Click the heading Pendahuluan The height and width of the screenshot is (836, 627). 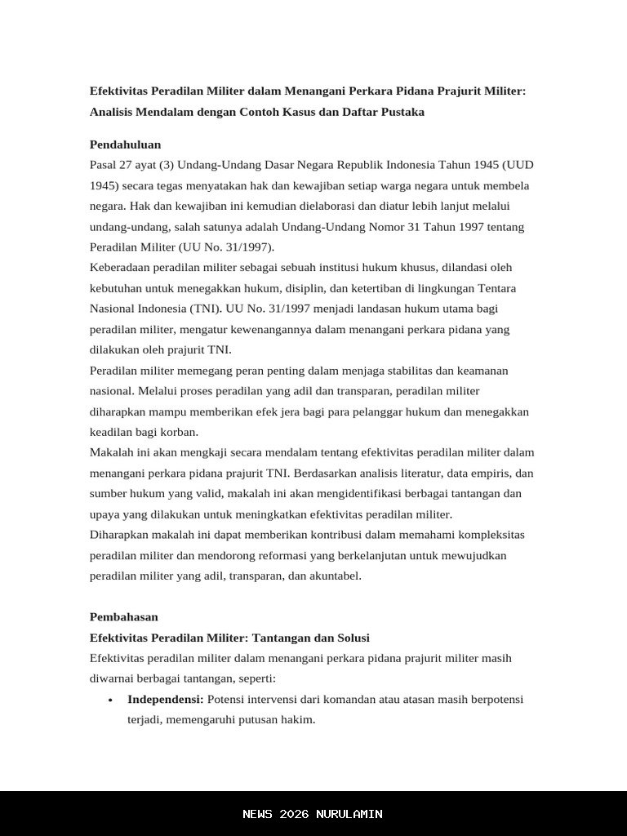point(125,145)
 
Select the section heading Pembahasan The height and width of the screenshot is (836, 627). point(124,617)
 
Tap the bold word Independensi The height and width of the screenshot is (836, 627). point(165,700)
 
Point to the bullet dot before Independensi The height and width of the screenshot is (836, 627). point(110,700)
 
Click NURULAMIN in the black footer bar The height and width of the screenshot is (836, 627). point(349,814)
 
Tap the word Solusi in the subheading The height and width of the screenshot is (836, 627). point(350,638)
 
